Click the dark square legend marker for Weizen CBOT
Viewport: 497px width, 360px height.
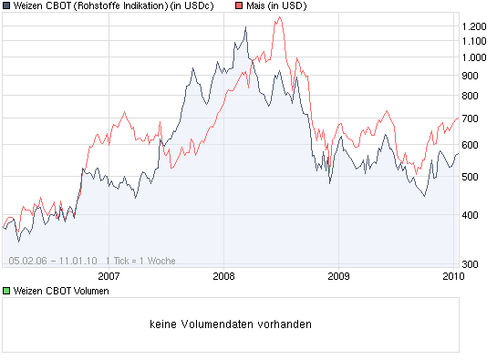tap(7, 6)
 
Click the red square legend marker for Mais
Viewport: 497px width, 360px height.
tap(239, 6)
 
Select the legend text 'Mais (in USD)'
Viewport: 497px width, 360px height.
tap(277, 6)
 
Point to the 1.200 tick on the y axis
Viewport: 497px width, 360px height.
tap(474, 26)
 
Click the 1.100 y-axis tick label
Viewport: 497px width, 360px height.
tap(474, 41)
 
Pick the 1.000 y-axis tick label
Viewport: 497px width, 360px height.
tap(474, 57)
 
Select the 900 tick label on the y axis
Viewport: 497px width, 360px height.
tap(471, 75)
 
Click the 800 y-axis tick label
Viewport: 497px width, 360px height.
tap(471, 95)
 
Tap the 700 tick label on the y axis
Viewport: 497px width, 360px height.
tap(471, 118)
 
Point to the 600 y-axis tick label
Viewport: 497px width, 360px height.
tap(471, 145)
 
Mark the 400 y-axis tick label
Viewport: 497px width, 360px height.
tap(471, 215)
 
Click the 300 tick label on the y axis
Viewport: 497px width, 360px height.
tap(471, 264)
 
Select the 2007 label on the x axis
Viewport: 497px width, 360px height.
tap(109, 275)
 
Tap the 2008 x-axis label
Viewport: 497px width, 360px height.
tap(223, 275)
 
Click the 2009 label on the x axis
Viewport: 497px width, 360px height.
tap(338, 275)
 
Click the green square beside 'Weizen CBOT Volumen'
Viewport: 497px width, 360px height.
tap(7, 291)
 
